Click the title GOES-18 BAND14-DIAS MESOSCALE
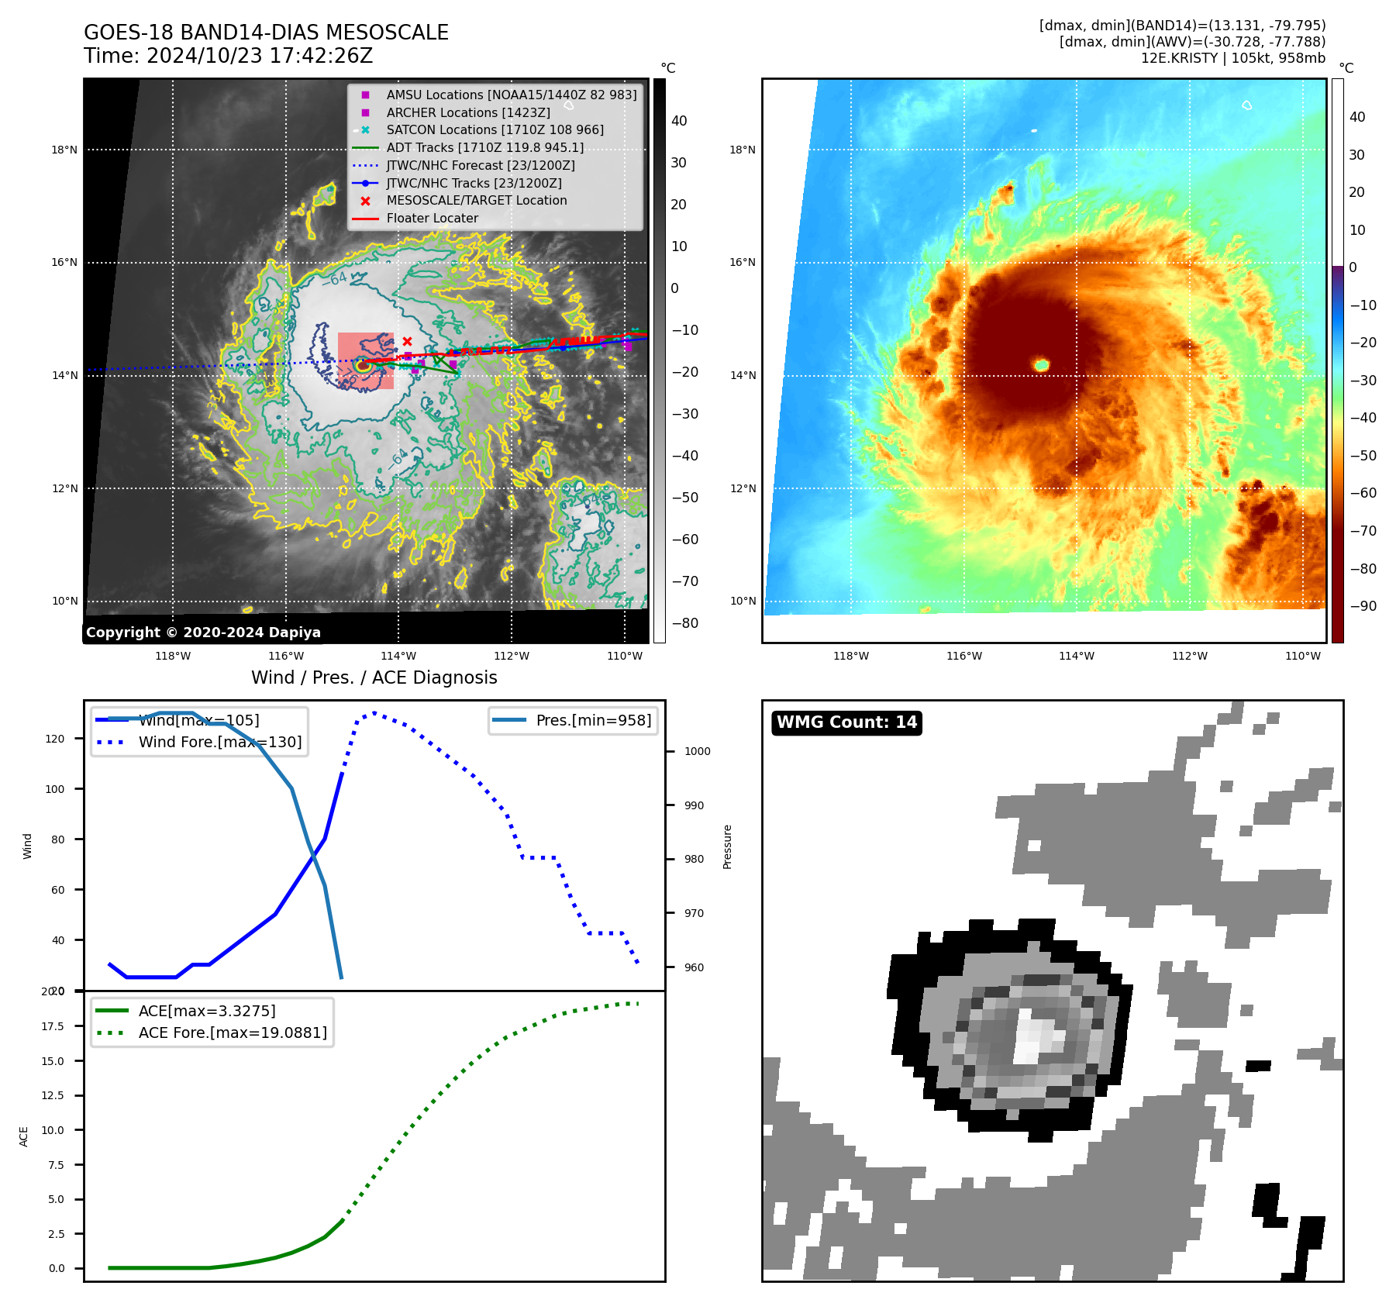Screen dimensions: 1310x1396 point(266,33)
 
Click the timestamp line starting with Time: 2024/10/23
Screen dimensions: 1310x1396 point(228,56)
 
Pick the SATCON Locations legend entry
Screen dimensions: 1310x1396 point(495,129)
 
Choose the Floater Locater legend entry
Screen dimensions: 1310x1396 point(432,218)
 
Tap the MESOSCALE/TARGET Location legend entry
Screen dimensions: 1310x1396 point(476,200)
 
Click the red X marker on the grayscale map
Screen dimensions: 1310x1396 point(407,341)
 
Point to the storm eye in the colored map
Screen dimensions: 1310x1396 point(1041,364)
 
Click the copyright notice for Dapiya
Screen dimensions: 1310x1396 point(203,632)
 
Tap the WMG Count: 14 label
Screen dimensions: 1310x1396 point(846,722)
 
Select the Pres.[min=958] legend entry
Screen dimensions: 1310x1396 point(593,720)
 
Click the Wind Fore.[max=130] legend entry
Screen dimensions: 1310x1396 point(219,742)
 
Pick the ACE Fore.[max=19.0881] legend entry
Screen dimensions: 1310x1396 point(232,1032)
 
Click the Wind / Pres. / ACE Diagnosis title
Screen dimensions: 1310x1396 point(374,677)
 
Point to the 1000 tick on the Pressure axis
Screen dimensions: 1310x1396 point(697,751)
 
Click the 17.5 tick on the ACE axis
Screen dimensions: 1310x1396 point(53,1026)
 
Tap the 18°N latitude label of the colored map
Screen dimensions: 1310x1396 point(742,150)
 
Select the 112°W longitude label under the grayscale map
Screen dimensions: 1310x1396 point(512,656)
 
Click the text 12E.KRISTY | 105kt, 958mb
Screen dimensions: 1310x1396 point(1232,58)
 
